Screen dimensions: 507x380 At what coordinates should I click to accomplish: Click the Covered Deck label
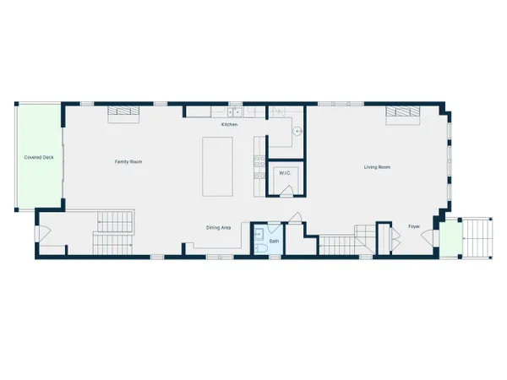pos(39,157)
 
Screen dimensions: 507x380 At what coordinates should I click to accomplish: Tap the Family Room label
pos(128,161)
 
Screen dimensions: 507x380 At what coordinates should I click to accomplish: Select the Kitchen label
pos(229,124)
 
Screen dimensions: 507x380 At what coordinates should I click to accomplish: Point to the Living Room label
pos(377,167)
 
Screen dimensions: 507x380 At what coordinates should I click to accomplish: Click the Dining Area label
pos(219,227)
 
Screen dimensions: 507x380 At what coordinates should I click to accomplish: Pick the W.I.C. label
pos(285,173)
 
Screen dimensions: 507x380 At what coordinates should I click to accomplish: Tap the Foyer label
pos(414,226)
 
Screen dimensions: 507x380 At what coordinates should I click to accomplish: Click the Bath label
pos(274,241)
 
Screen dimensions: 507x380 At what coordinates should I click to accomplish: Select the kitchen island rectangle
pos(218,166)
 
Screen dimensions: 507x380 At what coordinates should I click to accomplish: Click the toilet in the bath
pos(260,248)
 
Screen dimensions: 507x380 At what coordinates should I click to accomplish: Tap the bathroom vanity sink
pos(259,234)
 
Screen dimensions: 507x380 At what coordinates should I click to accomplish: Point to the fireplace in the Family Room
pos(123,114)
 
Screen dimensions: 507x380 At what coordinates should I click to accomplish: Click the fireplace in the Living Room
pos(403,115)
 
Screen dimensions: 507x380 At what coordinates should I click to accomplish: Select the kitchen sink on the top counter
pos(235,112)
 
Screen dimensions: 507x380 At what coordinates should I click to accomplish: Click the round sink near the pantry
pos(297,132)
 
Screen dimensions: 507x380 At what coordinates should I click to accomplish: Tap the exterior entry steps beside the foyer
pos(477,238)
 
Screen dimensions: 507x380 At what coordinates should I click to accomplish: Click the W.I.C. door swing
pos(286,191)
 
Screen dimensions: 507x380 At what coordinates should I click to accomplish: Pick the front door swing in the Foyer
pos(428,238)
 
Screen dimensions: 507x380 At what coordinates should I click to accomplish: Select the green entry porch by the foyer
pos(450,238)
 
